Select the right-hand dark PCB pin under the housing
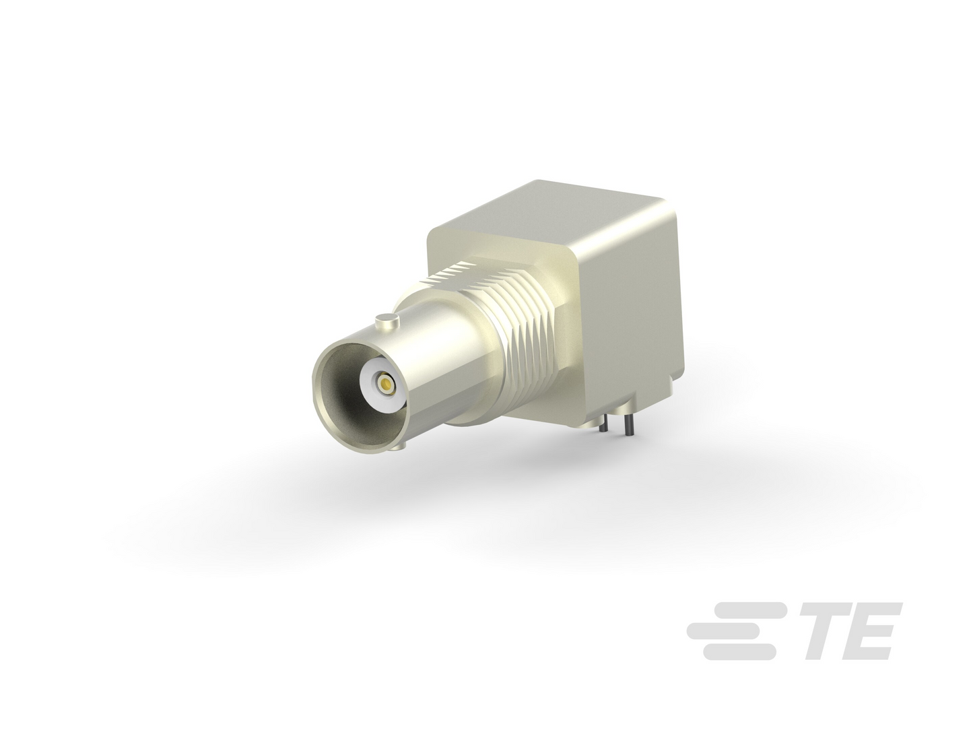point(628,425)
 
